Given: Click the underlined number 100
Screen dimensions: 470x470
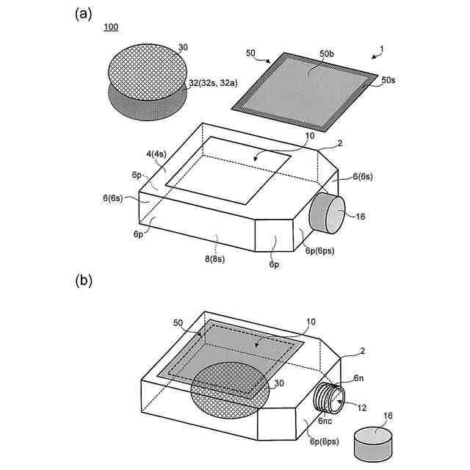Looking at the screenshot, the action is pyautogui.click(x=111, y=27).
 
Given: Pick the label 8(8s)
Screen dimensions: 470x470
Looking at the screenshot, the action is pyautogui.click(x=217, y=258).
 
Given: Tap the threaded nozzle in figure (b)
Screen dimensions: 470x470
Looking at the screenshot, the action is pyautogui.click(x=329, y=401).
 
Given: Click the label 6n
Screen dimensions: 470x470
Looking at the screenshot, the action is pyautogui.click(x=358, y=378).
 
